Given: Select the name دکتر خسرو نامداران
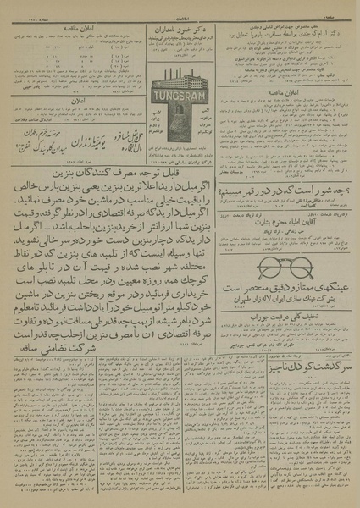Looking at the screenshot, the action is tap(177, 27).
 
